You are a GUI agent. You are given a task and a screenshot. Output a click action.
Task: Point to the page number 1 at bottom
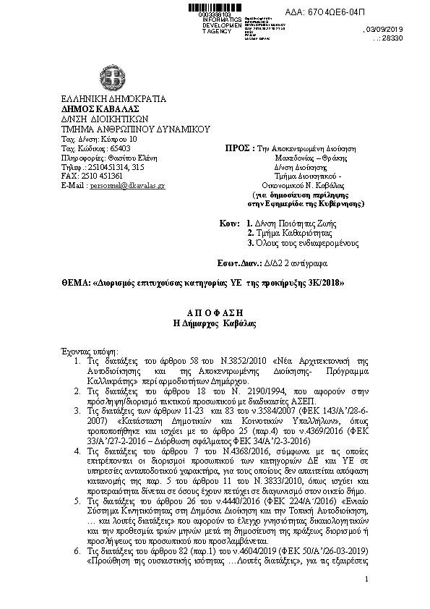367,600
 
